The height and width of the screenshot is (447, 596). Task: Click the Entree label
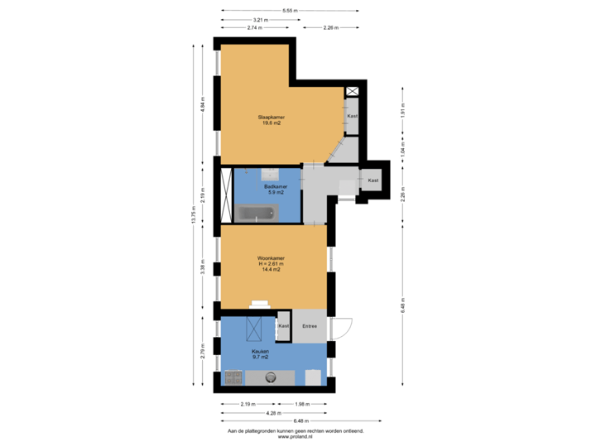coord(310,326)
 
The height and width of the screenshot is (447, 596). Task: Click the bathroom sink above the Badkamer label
coord(270,174)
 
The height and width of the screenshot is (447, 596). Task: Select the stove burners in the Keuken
coord(233,378)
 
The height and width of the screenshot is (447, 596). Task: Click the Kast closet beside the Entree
coord(283,326)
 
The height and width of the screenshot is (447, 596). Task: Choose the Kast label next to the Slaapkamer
coord(352,116)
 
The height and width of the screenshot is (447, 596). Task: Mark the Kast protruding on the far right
coord(373,180)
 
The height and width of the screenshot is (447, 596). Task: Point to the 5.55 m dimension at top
coord(290,11)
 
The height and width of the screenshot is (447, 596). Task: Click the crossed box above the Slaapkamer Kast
coord(353,92)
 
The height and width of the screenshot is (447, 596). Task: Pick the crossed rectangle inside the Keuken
coord(255,329)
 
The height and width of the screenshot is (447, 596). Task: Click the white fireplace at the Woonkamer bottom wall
coord(261,304)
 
